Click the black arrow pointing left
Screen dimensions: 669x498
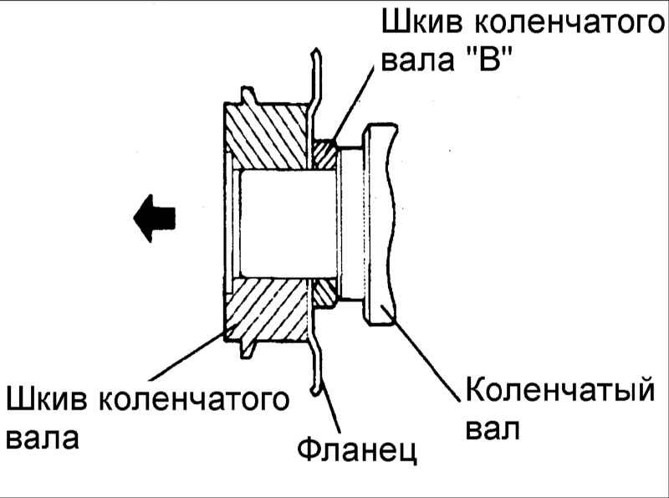pos(155,218)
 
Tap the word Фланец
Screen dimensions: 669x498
pos(357,449)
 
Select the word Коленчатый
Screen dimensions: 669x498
pos(559,389)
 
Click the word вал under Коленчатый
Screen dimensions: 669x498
pos(493,429)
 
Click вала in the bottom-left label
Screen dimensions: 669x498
pos(43,438)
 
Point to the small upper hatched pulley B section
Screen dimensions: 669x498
pos(325,154)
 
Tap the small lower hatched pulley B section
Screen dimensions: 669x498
pos(325,293)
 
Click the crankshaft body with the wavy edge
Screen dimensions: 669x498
pos(380,224)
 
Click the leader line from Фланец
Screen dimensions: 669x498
pos(329,407)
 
